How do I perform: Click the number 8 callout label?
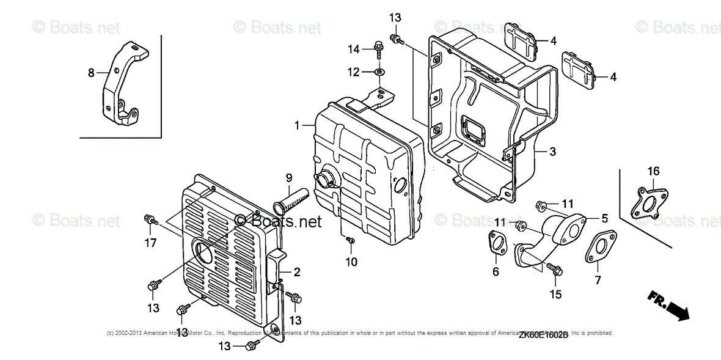coord(91,73)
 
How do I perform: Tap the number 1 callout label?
coord(297,125)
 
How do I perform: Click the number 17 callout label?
coord(150,243)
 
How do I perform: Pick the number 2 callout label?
coord(297,273)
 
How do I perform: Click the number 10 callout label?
coord(352,262)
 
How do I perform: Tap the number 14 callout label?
coord(355,49)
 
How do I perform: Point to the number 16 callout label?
coord(654,172)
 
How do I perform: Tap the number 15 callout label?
coord(555,295)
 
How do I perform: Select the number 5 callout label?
coord(604,218)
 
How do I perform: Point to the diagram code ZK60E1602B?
coord(544,335)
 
